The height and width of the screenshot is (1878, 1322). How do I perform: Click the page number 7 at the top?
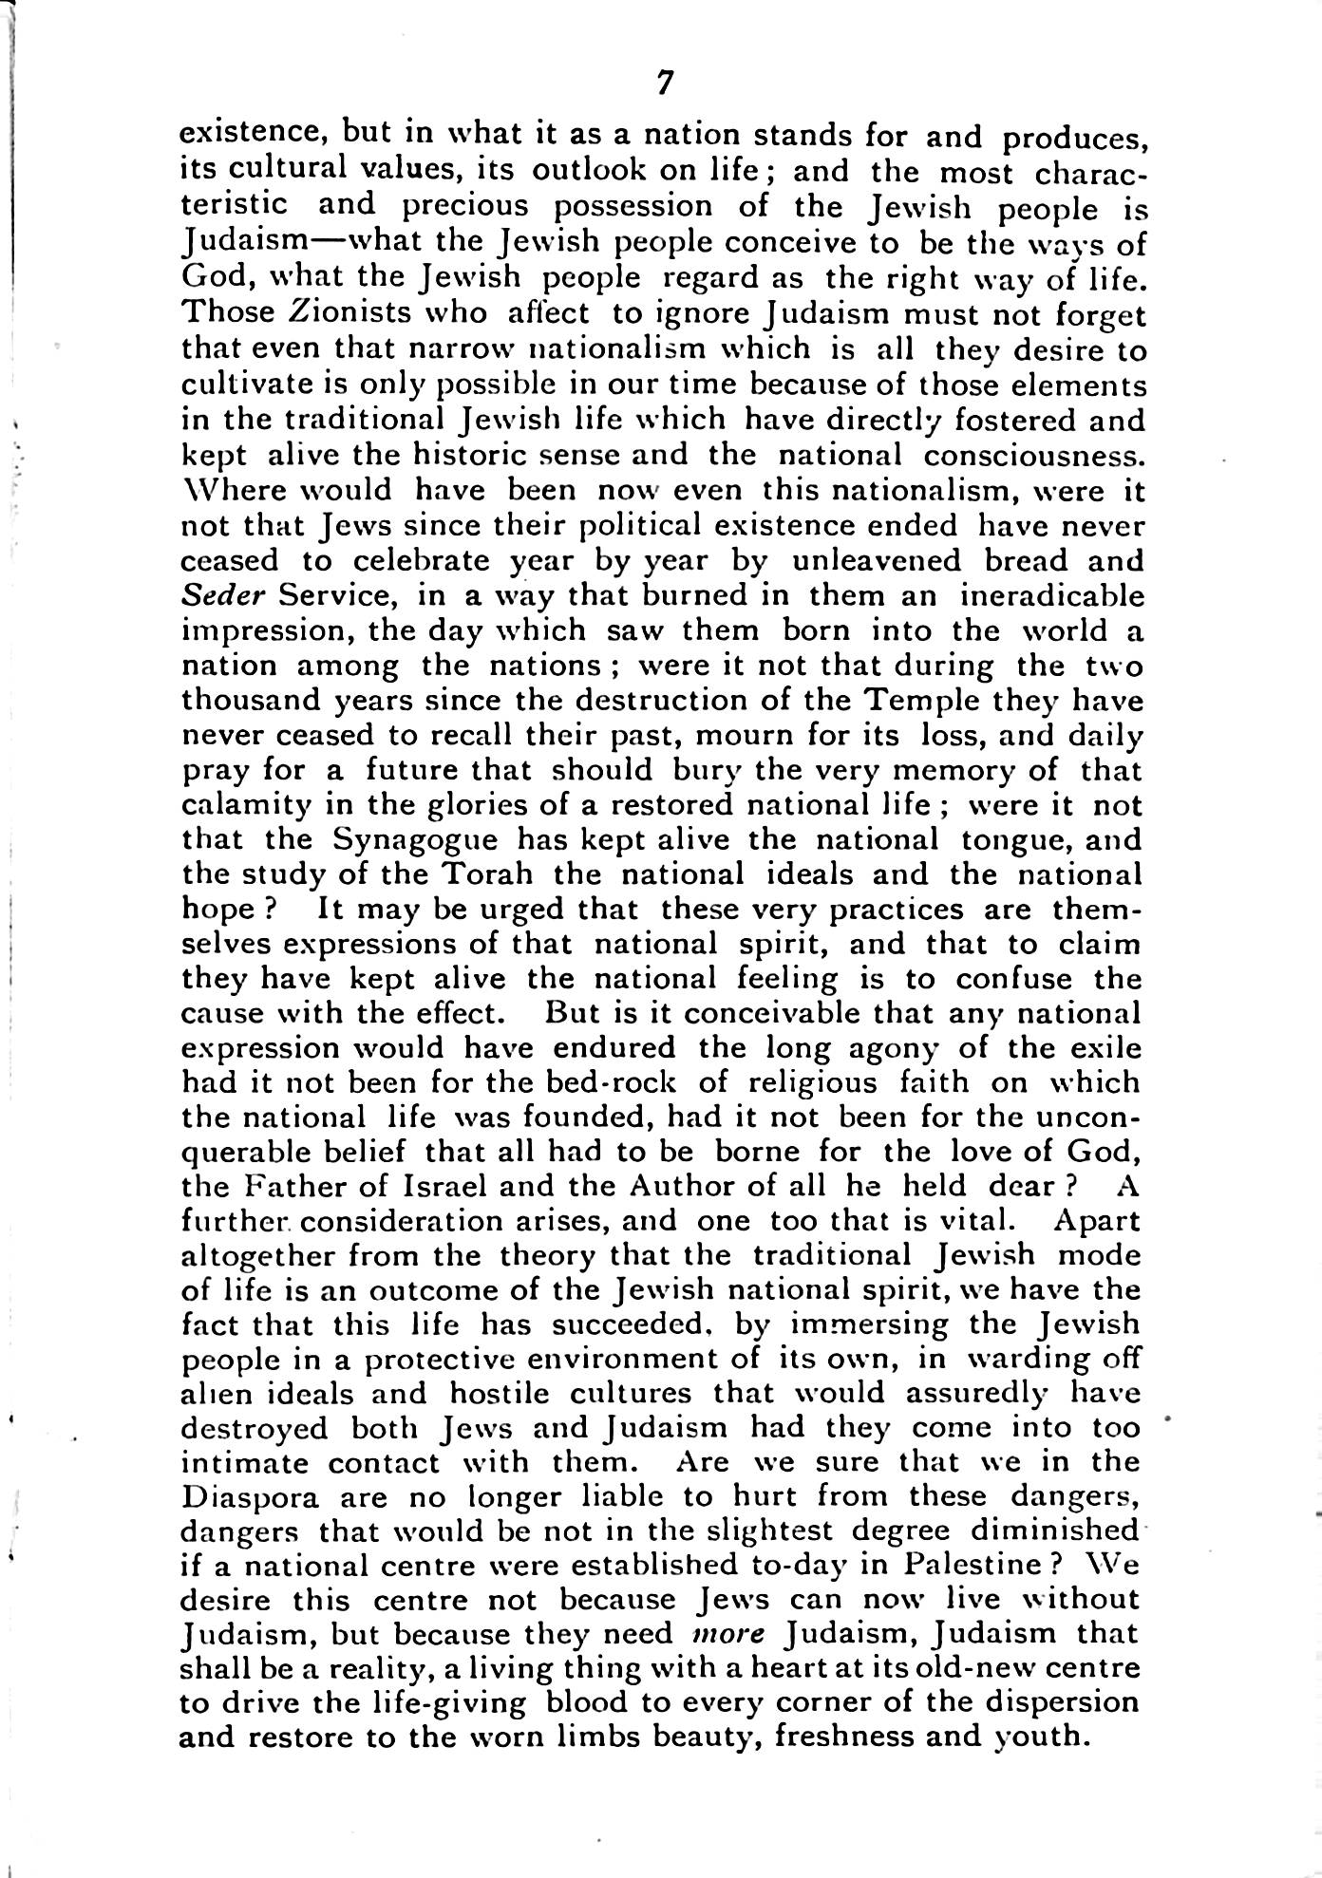click(664, 85)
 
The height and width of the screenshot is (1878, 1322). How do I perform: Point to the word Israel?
click(445, 1186)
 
